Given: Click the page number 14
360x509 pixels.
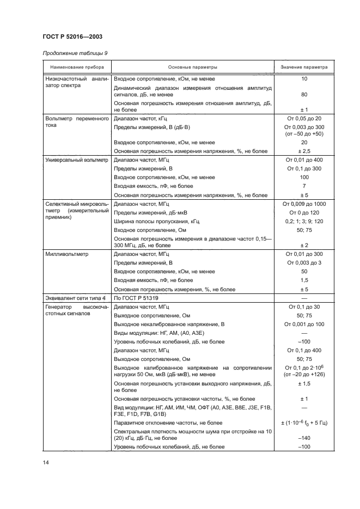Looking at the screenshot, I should pyautogui.click(x=46, y=462).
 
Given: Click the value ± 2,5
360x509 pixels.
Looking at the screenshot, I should pyautogui.click(x=304, y=151).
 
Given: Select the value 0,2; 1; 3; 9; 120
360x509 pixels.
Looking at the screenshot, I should pyautogui.click(x=304, y=220).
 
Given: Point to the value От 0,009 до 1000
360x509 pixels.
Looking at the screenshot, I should pyautogui.click(x=304, y=204).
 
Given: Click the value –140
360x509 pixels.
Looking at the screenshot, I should pyautogui.click(x=304, y=438).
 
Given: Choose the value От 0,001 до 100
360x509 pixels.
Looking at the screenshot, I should pyautogui.click(x=304, y=324).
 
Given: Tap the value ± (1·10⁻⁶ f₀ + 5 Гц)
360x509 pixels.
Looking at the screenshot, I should pyautogui.click(x=304, y=422).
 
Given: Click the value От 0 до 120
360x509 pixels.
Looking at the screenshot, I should pyautogui.click(x=304, y=212).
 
